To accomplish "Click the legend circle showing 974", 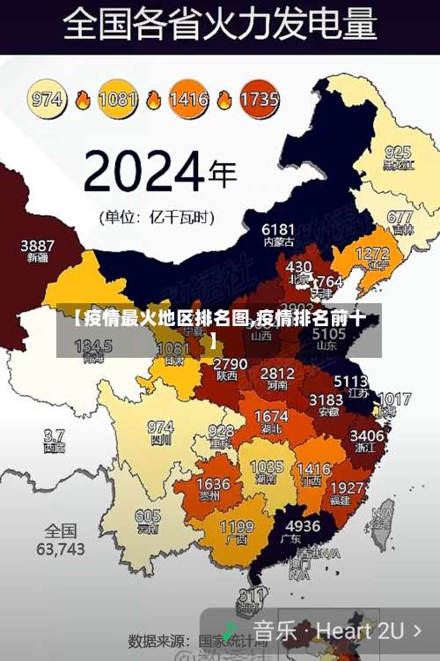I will click(x=48, y=98).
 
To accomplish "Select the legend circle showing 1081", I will click(x=117, y=98).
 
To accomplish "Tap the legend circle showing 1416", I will click(x=187, y=98).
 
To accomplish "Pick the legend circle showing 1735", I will click(x=259, y=98).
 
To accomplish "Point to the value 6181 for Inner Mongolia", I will click(x=278, y=229).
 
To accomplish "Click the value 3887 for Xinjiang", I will click(x=37, y=245).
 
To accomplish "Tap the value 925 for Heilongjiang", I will click(x=397, y=152).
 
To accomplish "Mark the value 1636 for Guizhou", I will click(x=213, y=485).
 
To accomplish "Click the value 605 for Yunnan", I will click(x=148, y=516).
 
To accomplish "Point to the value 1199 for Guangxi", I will click(x=237, y=526).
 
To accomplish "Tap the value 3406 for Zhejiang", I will click(x=367, y=435).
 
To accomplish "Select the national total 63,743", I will click(x=61, y=548).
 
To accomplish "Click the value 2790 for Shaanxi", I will click(x=230, y=363).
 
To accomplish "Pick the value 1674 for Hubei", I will click(x=271, y=416).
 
